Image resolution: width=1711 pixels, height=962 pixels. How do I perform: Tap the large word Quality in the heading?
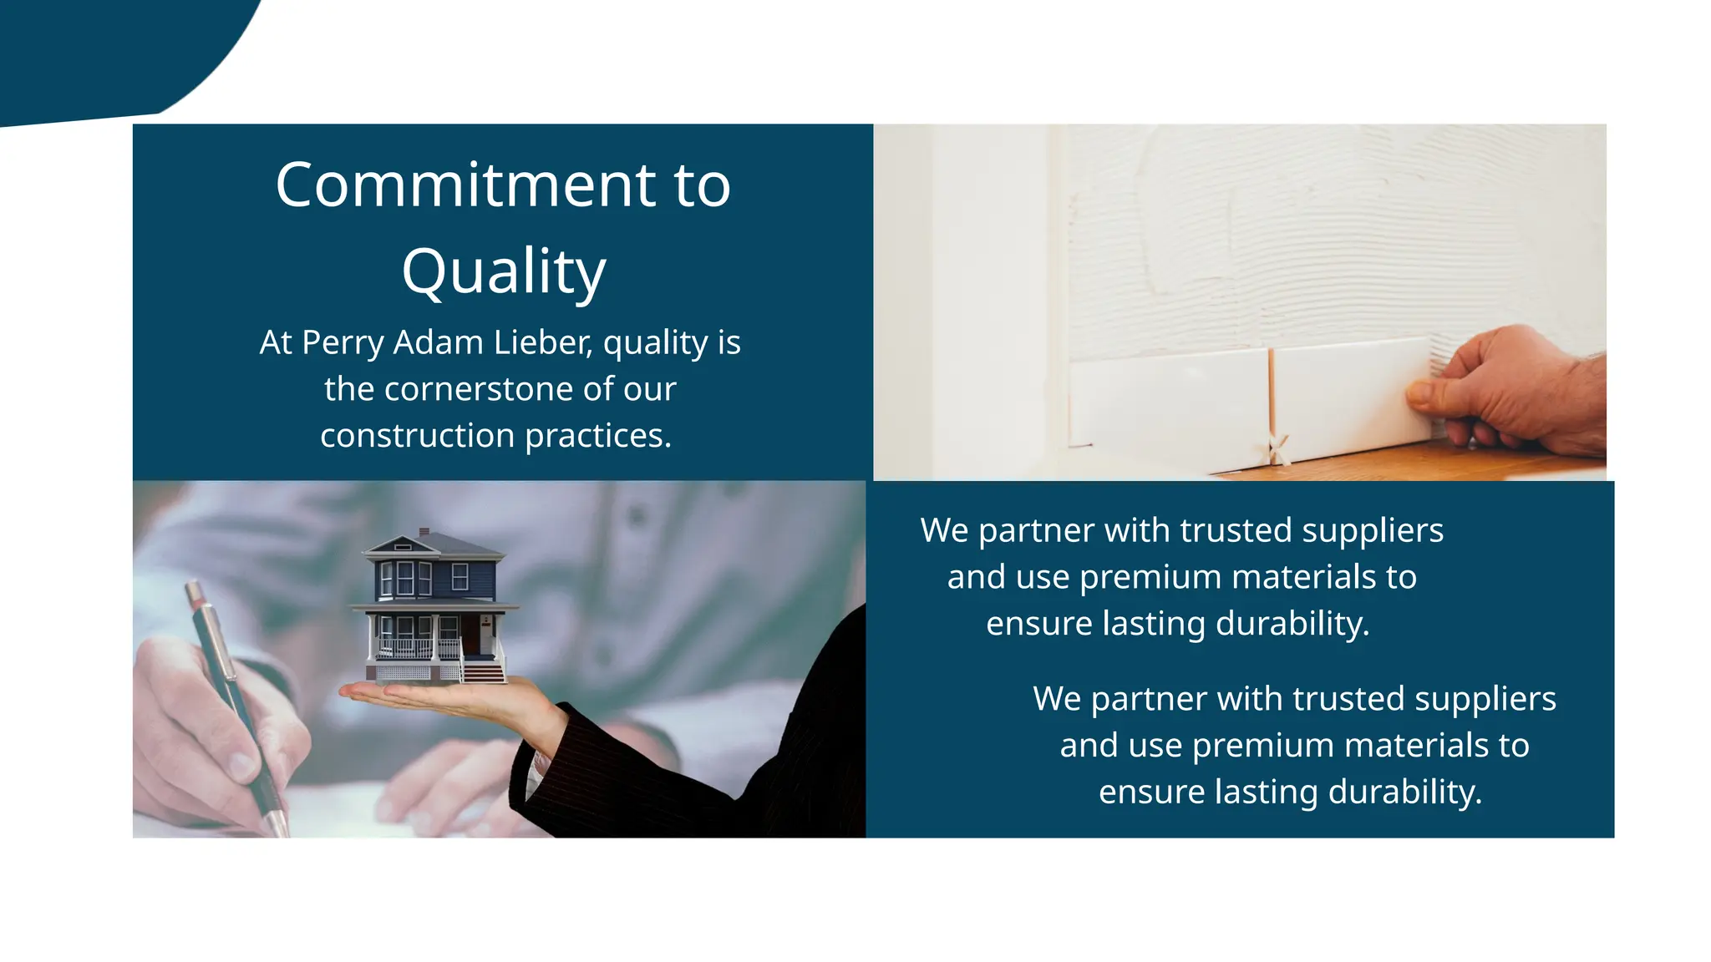[x=503, y=271]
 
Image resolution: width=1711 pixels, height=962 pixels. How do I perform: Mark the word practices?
[x=598, y=436]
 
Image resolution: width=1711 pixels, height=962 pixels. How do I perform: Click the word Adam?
[x=438, y=342]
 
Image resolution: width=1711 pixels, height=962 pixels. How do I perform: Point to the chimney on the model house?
[x=424, y=532]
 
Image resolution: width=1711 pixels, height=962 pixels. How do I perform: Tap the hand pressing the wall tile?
[x=1512, y=392]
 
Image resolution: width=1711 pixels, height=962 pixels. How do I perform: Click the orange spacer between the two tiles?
[x=1271, y=392]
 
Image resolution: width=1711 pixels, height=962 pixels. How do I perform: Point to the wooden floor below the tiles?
[x=1420, y=463]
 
